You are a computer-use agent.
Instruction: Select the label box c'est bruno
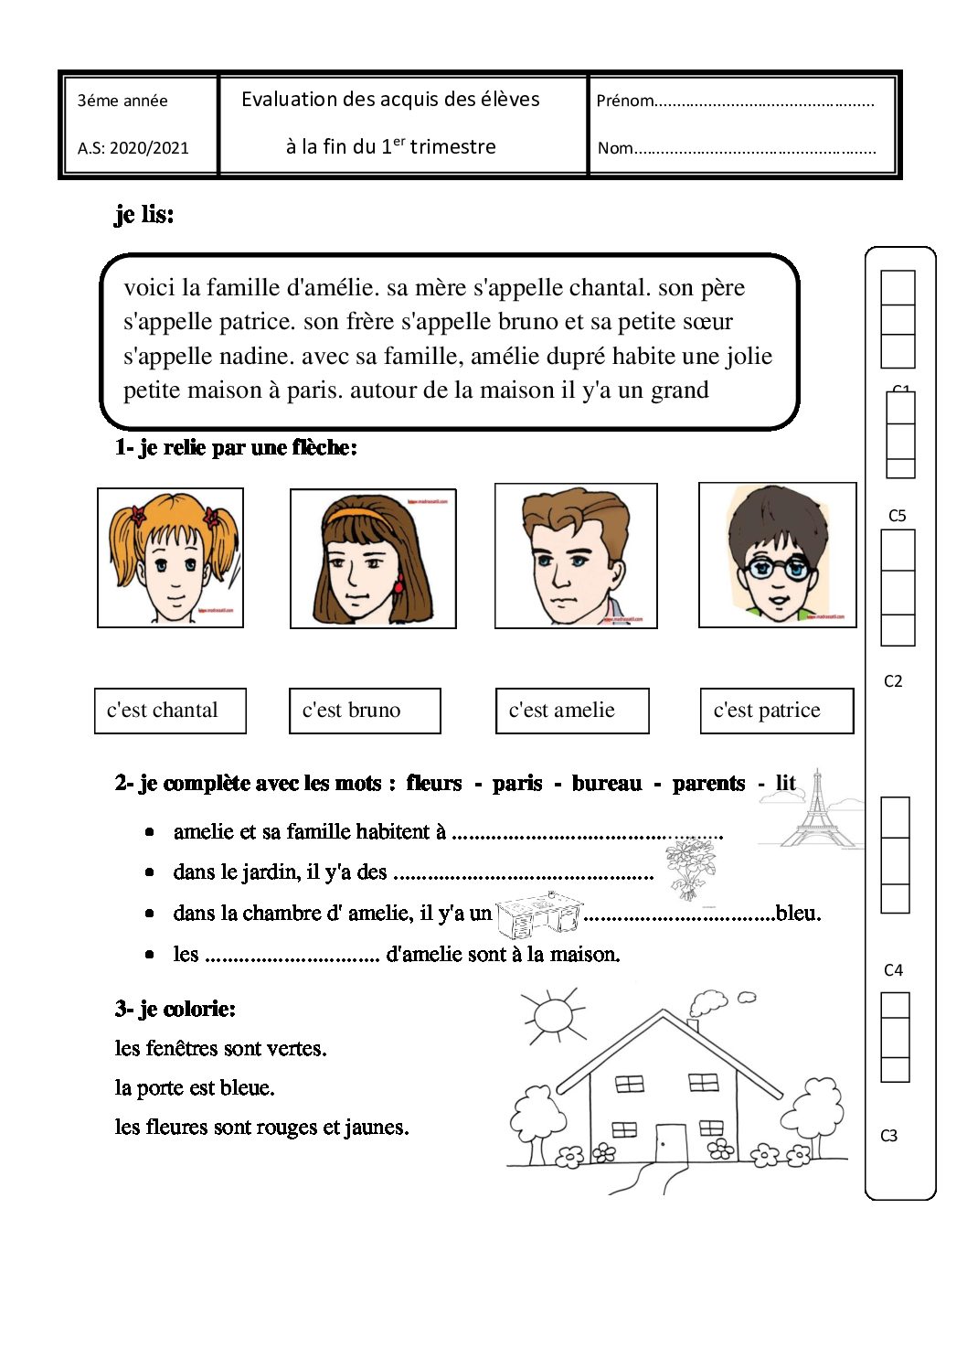tap(365, 711)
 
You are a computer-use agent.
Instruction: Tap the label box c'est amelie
tap(572, 711)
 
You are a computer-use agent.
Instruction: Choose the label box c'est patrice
tap(777, 711)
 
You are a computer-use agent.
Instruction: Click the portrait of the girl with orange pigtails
tap(171, 558)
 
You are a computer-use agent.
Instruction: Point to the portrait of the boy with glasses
tap(778, 555)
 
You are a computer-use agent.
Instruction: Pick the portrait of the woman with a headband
tap(373, 559)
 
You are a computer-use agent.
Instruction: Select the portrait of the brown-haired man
tap(576, 556)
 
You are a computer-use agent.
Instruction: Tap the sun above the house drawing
tap(552, 1014)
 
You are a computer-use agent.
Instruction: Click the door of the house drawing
tap(671, 1143)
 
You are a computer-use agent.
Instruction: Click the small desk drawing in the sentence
tap(539, 914)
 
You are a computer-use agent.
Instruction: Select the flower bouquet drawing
tap(689, 869)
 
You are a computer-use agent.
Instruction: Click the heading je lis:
tap(144, 215)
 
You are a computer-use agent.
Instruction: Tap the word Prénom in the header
tap(625, 101)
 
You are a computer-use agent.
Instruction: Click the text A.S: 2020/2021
tap(133, 148)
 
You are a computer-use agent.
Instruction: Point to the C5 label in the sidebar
tap(898, 516)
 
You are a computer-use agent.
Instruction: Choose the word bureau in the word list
tap(607, 784)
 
